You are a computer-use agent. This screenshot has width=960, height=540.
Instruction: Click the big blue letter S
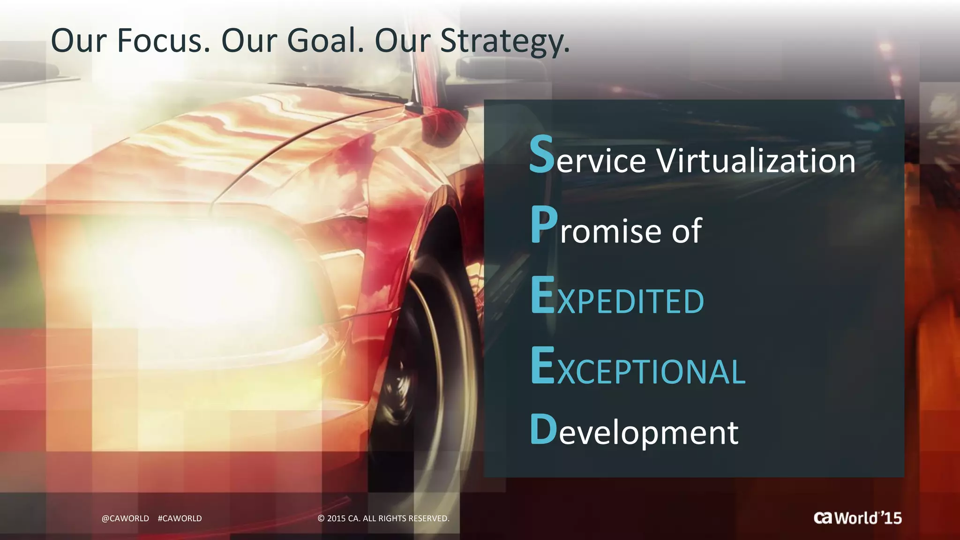click(542, 155)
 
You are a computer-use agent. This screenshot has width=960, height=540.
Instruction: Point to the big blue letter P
click(544, 226)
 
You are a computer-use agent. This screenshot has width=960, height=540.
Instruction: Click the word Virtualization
click(756, 160)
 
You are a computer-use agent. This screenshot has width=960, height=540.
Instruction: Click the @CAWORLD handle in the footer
click(125, 518)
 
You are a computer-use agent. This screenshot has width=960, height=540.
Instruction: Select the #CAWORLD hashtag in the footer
click(180, 518)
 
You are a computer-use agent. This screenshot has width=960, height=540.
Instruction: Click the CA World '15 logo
click(857, 517)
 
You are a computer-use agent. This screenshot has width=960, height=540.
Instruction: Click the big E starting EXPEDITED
click(543, 295)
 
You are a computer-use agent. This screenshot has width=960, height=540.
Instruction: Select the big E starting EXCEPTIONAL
click(543, 366)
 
